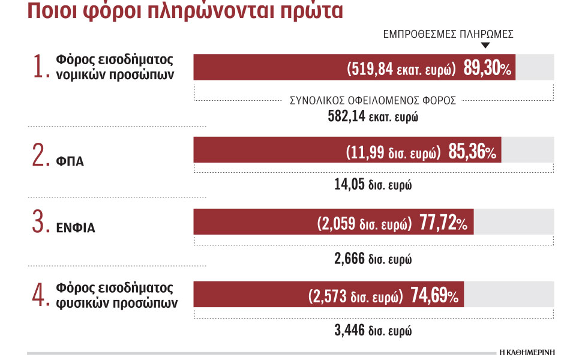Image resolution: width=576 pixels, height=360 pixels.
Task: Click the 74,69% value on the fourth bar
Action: point(435,296)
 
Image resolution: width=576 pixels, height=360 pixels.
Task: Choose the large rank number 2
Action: point(42,155)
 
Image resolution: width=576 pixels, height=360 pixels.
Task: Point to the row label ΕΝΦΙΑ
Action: point(76,229)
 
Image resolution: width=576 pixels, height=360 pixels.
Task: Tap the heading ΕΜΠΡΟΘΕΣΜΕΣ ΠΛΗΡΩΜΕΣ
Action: point(448,35)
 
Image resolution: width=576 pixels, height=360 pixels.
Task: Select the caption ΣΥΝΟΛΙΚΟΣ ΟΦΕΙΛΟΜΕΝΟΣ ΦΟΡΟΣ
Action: point(373,101)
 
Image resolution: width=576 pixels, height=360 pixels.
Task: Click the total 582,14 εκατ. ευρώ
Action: point(373,116)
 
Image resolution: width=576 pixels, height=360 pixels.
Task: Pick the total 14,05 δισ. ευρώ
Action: point(373,185)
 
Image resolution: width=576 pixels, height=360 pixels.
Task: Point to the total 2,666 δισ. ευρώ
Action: point(373,259)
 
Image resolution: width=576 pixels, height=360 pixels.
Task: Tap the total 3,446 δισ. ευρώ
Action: point(373,329)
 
